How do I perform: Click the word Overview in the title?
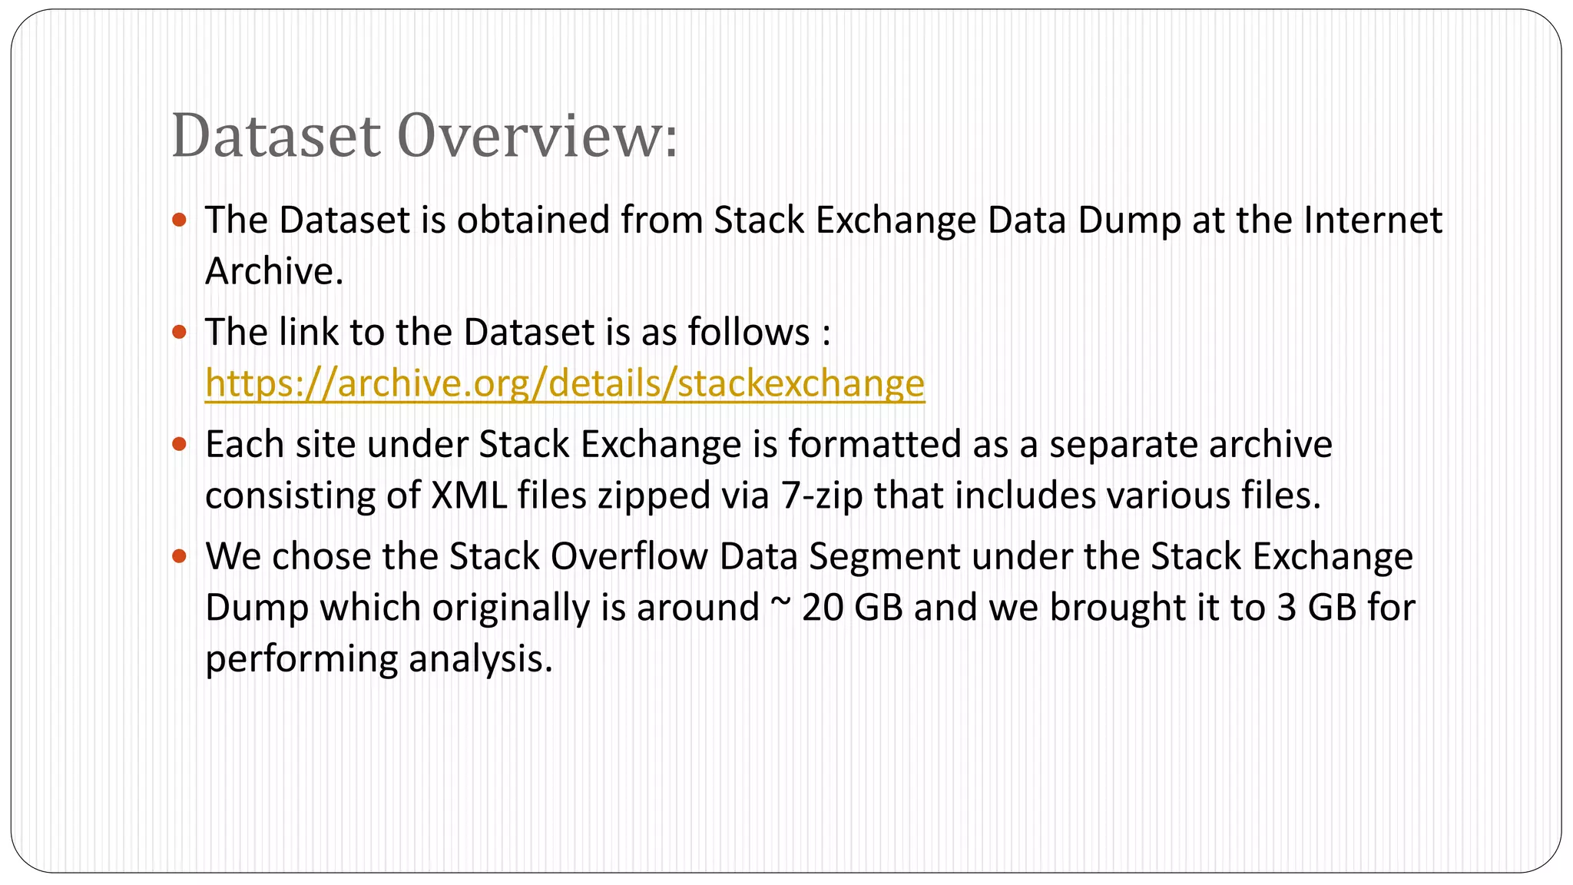click(537, 136)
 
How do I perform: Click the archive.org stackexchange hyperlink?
click(565, 383)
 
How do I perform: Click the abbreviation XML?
click(469, 496)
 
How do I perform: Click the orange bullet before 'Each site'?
click(180, 445)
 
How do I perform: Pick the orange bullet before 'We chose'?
click(180, 557)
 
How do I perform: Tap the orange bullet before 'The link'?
click(180, 333)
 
